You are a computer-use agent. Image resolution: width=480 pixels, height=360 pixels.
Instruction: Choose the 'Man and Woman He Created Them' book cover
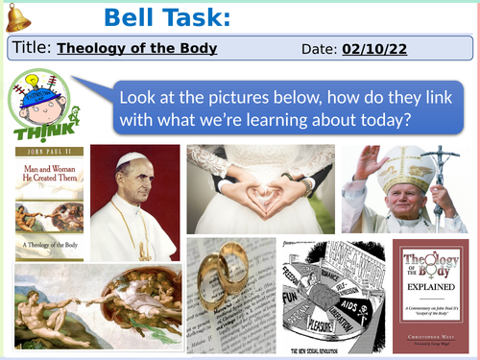click(x=49, y=201)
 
